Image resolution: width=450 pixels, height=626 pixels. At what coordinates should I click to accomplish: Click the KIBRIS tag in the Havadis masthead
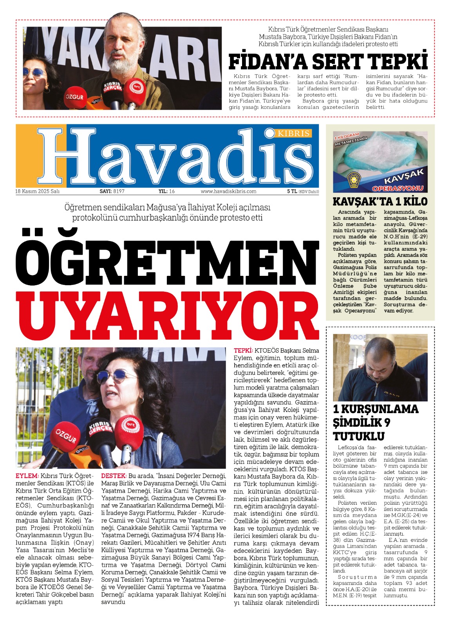[x=294, y=133]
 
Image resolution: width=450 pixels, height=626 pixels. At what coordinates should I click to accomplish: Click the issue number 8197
[x=118, y=191]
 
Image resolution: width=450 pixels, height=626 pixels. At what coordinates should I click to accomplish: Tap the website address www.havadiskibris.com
[x=228, y=191]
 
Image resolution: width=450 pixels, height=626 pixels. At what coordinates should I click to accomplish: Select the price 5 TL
[x=292, y=191]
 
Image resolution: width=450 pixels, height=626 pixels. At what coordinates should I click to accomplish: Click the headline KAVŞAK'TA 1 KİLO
[x=380, y=202]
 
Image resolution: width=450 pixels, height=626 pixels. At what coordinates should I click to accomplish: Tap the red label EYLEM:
[x=27, y=476]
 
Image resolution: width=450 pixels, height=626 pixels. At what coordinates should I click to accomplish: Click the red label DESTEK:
[x=114, y=476]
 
